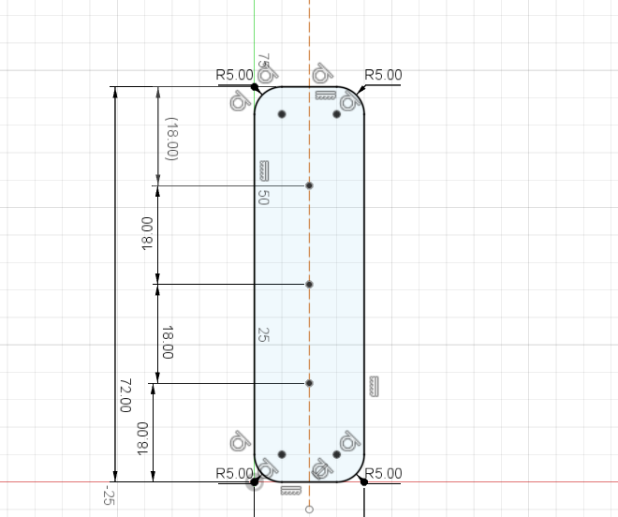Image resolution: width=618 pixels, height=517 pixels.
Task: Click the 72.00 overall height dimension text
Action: [125, 395]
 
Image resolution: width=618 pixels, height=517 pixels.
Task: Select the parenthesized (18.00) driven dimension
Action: [172, 139]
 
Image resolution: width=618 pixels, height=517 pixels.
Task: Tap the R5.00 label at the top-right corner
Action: [383, 75]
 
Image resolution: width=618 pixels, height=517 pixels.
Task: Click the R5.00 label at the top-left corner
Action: [234, 75]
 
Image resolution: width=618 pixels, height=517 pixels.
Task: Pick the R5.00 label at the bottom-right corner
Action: [383, 473]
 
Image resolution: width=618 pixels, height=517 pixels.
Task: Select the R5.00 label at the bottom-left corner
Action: [234, 473]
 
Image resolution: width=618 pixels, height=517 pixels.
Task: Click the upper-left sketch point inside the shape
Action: [282, 114]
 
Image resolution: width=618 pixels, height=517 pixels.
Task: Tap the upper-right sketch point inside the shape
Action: [336, 114]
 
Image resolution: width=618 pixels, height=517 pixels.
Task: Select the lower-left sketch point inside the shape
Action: [282, 454]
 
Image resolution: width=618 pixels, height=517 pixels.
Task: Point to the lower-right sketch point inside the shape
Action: [336, 454]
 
